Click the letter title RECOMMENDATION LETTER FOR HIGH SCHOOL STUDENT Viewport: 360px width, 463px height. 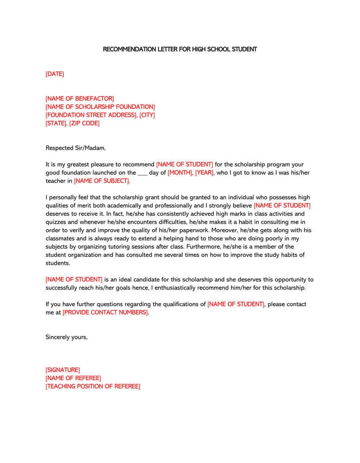tap(180, 49)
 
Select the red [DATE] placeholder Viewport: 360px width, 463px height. tap(54, 74)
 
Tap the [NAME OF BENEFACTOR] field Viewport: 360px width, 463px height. tap(79, 99)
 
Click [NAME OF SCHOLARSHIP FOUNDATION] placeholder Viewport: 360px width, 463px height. tap(100, 107)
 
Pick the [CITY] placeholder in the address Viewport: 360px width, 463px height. tap(147, 115)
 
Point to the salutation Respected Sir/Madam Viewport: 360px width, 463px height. tap(76, 148)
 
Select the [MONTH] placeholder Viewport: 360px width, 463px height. tap(180, 173)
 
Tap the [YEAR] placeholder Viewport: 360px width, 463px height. tap(204, 173)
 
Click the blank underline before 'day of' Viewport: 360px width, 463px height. tap(142, 174)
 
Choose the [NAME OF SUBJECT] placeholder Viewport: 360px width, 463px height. tap(102, 181)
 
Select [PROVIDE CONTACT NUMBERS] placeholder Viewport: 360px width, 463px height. tap(105, 312)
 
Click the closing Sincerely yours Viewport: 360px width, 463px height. tap(66, 337)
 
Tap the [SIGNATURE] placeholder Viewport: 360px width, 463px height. tap(62, 370)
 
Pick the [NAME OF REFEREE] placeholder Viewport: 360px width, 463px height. tap(73, 378)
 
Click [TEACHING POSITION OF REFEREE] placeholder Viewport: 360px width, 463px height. tap(93, 387)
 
